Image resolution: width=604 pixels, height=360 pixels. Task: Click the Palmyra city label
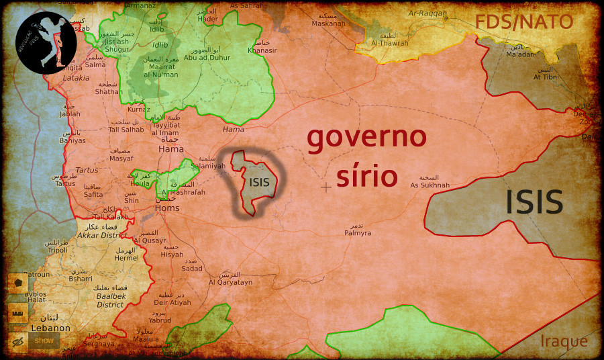click(x=357, y=233)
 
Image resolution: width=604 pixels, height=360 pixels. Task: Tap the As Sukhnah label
click(x=430, y=185)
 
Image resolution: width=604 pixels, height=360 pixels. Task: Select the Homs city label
click(x=167, y=208)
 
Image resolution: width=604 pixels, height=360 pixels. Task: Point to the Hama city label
click(x=170, y=150)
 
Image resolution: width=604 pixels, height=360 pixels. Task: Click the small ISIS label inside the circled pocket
click(x=259, y=181)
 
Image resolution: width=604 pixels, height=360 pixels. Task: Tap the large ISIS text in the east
click(x=534, y=201)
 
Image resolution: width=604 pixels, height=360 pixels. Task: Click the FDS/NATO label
click(x=534, y=21)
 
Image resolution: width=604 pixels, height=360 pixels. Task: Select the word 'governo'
click(x=366, y=138)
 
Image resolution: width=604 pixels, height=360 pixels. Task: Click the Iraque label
click(x=564, y=341)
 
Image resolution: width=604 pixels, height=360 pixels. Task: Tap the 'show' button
click(x=44, y=341)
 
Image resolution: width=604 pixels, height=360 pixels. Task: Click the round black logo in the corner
click(x=46, y=42)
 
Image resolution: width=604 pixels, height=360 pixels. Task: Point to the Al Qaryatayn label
click(x=230, y=282)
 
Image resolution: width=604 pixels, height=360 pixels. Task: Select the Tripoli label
click(x=57, y=249)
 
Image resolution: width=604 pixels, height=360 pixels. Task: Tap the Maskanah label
click(x=328, y=24)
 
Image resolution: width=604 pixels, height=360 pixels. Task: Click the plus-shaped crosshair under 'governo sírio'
click(x=326, y=187)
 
